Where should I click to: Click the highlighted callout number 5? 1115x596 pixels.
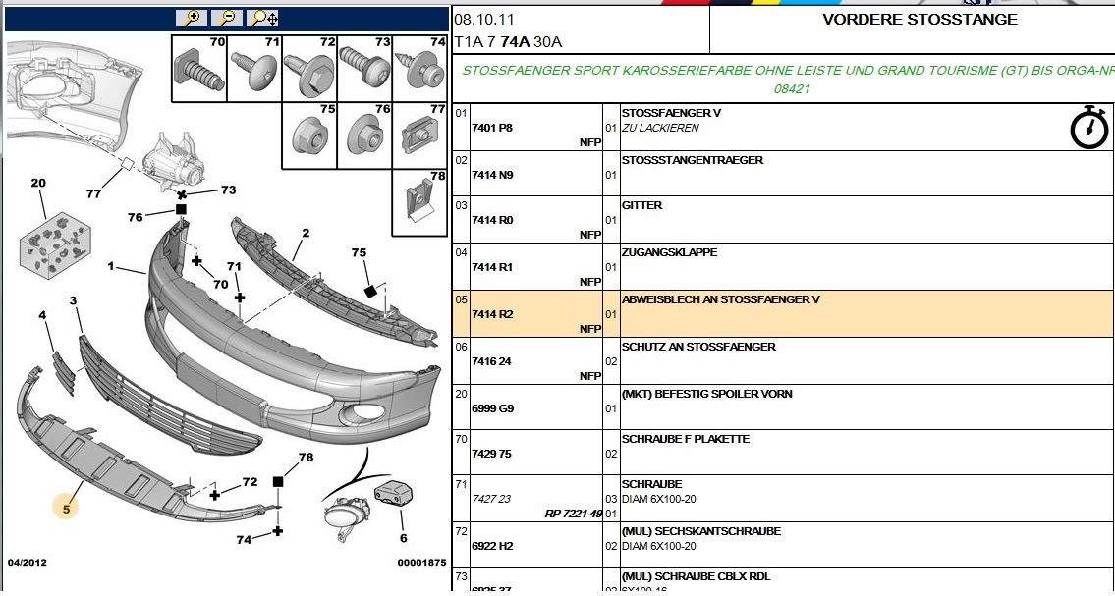[x=67, y=509]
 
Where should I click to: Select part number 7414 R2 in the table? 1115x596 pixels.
[x=492, y=314]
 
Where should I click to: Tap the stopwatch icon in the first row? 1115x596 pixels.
[x=1088, y=129]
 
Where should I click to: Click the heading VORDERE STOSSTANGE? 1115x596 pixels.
[x=920, y=20]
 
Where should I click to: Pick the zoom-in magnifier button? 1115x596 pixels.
[x=191, y=18]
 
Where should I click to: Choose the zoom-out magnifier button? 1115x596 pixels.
[x=227, y=18]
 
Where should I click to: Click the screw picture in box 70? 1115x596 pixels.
[x=196, y=73]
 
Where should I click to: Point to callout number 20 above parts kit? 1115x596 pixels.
[x=38, y=184]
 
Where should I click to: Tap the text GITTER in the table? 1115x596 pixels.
[x=641, y=206]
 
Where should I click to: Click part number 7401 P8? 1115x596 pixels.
[x=492, y=128]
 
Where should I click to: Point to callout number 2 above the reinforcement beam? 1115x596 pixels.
[x=306, y=233]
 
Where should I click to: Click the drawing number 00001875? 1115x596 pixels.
[x=421, y=563]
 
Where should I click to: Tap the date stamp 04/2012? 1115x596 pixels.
[x=28, y=563]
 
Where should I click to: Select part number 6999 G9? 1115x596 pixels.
[x=492, y=408]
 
